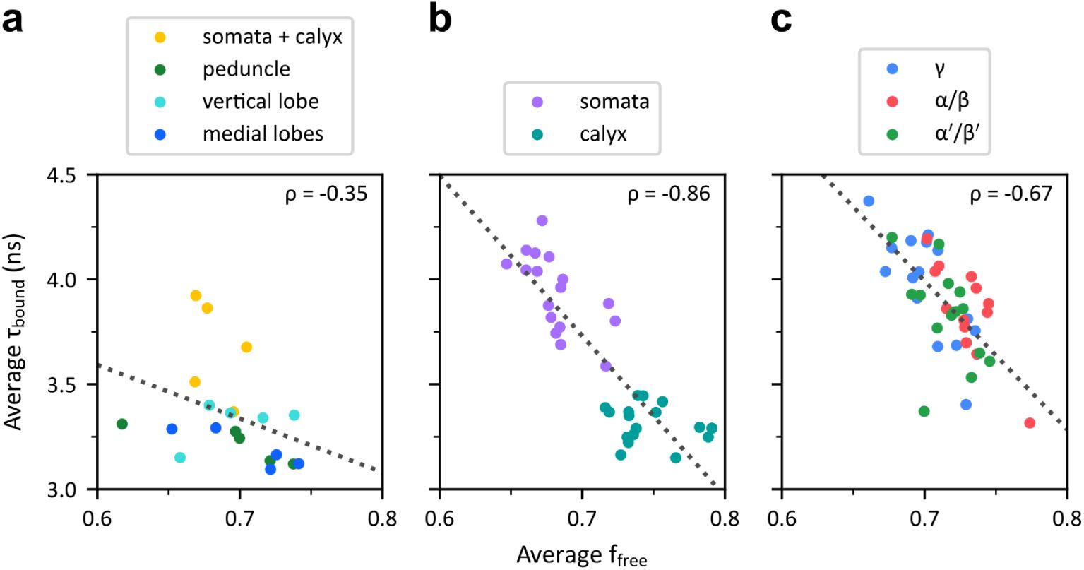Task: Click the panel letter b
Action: (x=440, y=20)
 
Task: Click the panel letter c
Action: (x=780, y=22)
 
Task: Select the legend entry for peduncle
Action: (x=246, y=69)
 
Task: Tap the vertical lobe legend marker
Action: (x=161, y=101)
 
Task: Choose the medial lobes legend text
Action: (x=263, y=133)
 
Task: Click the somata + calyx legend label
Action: (x=272, y=37)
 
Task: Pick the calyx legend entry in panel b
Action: (x=602, y=133)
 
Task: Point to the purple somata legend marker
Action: (x=537, y=102)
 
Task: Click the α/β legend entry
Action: (x=950, y=101)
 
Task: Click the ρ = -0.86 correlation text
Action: (x=669, y=194)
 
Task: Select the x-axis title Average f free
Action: (x=581, y=555)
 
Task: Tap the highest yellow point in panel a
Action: (x=196, y=296)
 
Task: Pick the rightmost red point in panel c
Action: (x=1030, y=423)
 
